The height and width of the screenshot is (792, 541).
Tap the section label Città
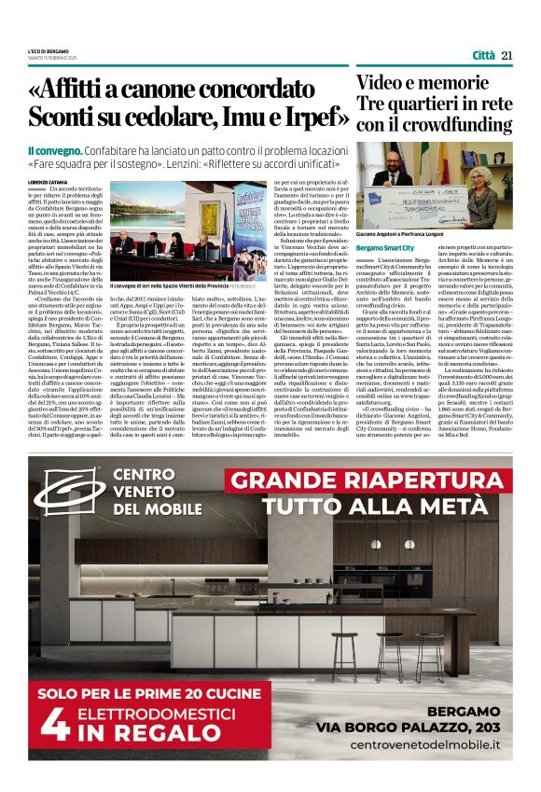483,55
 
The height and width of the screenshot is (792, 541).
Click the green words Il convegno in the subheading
55,150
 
